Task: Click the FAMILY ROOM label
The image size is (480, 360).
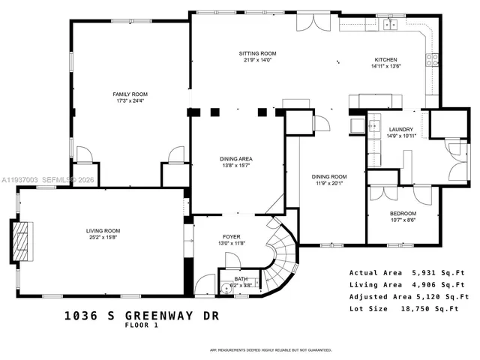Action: (130, 94)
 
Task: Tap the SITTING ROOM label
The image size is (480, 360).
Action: (257, 54)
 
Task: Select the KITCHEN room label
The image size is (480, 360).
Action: (385, 60)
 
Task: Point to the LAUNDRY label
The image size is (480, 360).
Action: (400, 129)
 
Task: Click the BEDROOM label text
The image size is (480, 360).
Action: (403, 213)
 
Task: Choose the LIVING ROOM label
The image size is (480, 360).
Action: (102, 230)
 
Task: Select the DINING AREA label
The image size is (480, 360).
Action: (235, 158)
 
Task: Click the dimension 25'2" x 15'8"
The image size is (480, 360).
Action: (102, 238)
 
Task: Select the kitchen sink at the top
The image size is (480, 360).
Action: (389, 25)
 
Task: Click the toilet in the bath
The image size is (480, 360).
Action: (225, 286)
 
